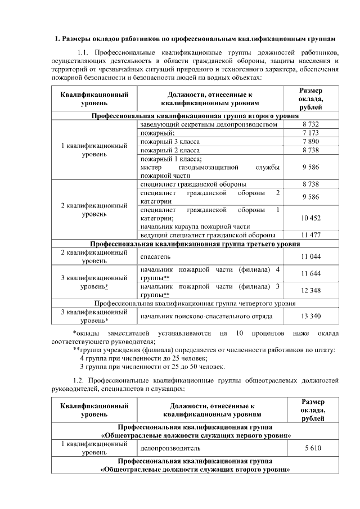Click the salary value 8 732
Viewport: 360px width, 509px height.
[310, 124]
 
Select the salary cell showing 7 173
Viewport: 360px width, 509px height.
[310, 133]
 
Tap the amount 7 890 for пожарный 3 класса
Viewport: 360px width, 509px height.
[310, 142]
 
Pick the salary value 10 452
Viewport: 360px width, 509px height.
[310, 218]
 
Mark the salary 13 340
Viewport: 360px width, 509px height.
[310, 316]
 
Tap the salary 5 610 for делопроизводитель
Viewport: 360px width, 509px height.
[310, 449]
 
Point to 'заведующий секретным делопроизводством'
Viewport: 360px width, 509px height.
[209, 124]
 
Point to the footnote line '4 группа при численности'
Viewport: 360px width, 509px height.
[145, 358]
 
